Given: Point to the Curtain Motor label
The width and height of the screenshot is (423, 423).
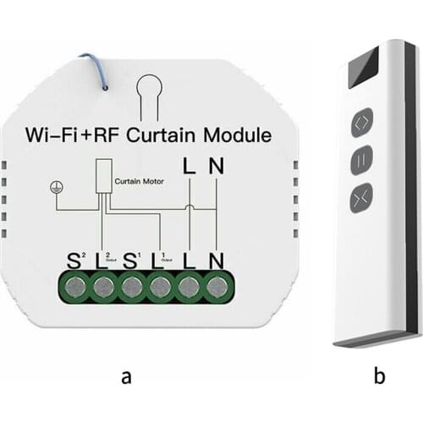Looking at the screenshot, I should pos(140,179).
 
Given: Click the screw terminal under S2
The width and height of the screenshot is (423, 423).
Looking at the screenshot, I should pos(74,285).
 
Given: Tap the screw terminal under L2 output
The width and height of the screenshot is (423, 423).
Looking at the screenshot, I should pos(102,285).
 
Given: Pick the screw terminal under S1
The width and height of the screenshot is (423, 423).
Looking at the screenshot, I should pos(131,285).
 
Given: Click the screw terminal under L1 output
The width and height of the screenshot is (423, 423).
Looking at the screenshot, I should pos(160,285).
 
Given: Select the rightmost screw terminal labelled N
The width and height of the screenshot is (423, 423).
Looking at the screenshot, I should pos(217,285).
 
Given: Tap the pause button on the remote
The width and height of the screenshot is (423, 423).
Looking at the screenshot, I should pos(363,158).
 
